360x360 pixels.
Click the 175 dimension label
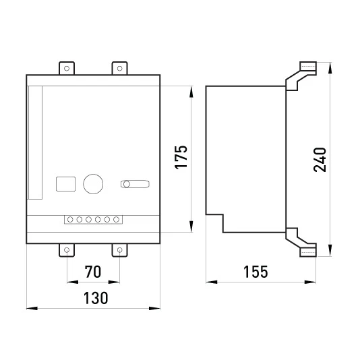click(x=181, y=157)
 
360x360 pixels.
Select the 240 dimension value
click(x=320, y=160)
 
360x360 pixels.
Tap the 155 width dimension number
click(x=256, y=272)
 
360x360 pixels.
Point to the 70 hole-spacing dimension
click(x=93, y=272)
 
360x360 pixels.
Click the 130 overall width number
click(x=96, y=298)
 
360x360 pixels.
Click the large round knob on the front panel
click(x=93, y=183)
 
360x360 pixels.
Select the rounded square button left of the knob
click(x=65, y=184)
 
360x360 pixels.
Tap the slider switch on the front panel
click(x=135, y=184)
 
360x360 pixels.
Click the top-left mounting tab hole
click(x=67, y=68)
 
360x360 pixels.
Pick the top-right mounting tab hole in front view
click(x=119, y=68)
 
